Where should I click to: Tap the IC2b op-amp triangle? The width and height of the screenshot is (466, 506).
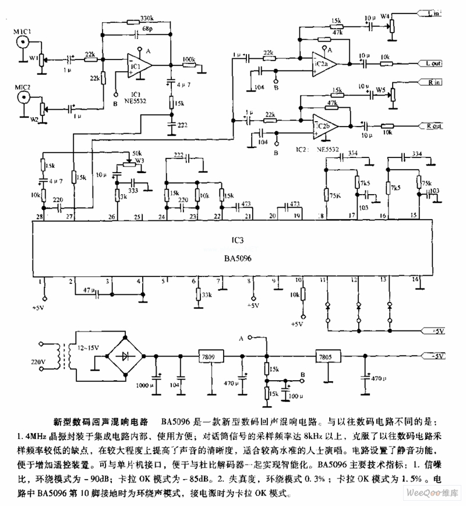(x=323, y=124)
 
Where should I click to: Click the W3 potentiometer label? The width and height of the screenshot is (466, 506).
(x=139, y=160)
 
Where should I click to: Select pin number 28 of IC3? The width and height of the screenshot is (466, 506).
(x=40, y=217)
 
